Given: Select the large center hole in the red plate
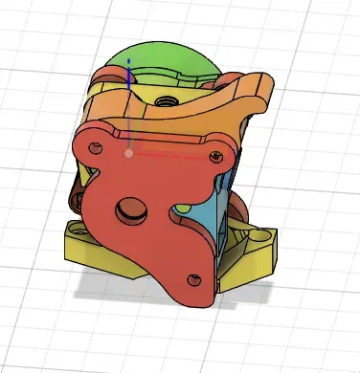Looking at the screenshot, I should [x=127, y=208].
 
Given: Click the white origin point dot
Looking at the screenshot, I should [x=128, y=152].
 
